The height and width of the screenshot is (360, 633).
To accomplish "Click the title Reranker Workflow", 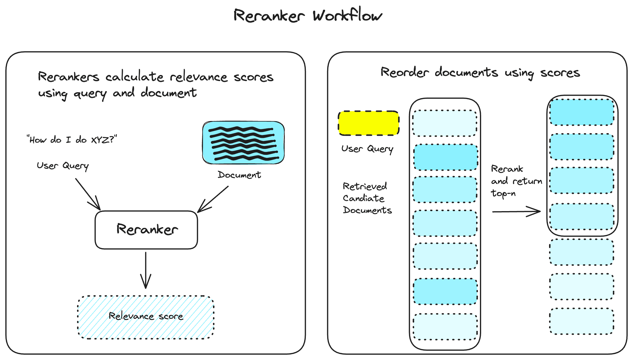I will point(308,15).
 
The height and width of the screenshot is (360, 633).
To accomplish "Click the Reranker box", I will point(146,230).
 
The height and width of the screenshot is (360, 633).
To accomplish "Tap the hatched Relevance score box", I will point(146,317).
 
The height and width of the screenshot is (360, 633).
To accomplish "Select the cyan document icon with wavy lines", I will point(243,143).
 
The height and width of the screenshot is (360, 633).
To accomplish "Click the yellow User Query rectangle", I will point(369,123).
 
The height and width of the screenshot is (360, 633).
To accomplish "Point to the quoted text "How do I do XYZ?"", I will point(72,139).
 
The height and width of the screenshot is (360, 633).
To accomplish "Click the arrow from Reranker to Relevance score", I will point(146,270).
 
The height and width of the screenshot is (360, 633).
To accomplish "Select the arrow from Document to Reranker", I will point(213,199).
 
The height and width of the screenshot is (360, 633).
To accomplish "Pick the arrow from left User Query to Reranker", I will point(88,194).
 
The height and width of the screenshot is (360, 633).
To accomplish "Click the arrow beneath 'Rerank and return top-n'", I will point(516,212).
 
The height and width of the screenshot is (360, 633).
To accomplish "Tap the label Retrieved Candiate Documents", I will point(367,198).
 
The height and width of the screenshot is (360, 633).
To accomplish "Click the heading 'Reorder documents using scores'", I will point(480,73).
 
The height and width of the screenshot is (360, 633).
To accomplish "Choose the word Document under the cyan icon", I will point(239,175).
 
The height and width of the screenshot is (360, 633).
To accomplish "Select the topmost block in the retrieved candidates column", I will point(445,123).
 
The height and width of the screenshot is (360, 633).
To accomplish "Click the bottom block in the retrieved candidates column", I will point(445,326).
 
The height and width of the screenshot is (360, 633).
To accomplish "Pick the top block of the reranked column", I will point(582,112).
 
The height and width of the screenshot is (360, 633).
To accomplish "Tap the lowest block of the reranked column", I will point(581,321).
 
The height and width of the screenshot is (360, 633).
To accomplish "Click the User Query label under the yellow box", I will point(367,149).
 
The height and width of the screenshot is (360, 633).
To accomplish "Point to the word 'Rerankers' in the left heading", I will point(68,77).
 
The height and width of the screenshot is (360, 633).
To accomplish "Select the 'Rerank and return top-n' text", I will point(516,181).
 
